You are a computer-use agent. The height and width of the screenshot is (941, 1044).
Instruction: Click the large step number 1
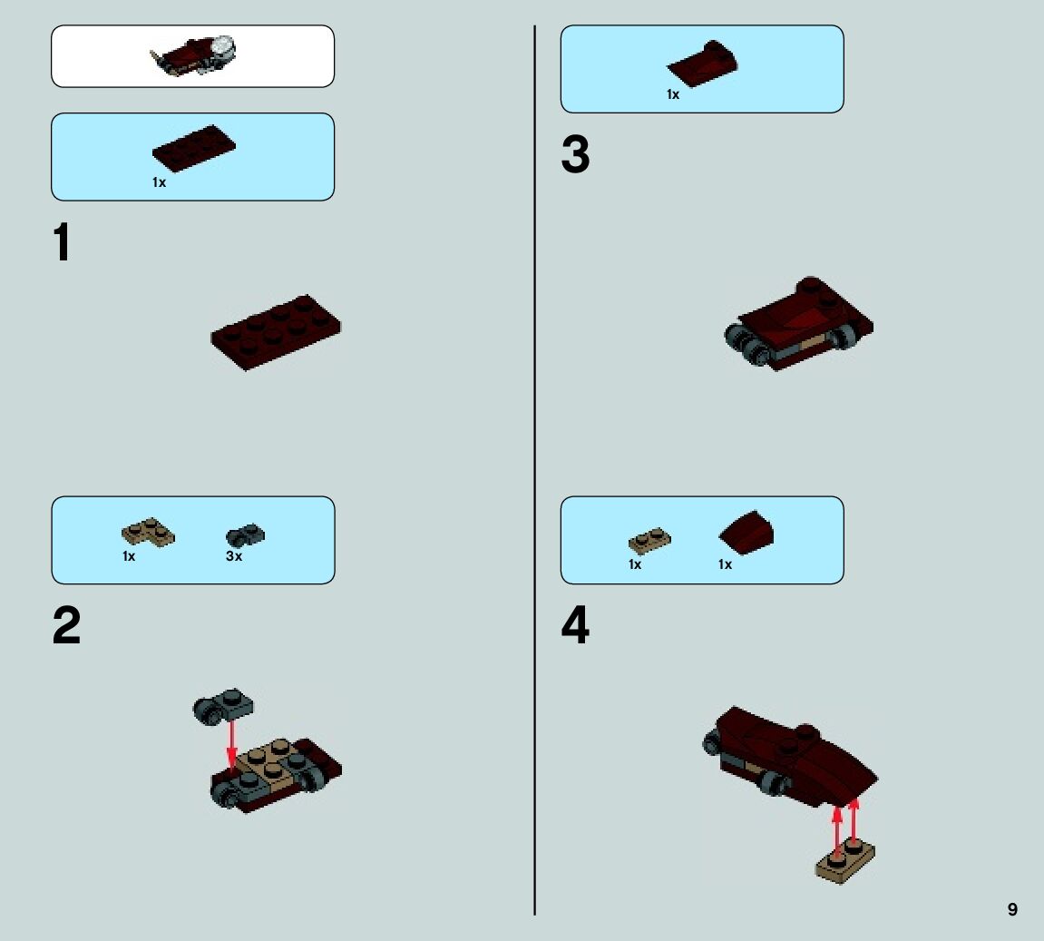62,243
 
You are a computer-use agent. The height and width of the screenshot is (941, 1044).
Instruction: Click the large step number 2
66,626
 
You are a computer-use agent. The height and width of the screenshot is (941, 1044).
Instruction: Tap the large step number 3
575,155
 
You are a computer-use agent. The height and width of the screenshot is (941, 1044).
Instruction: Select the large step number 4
575,626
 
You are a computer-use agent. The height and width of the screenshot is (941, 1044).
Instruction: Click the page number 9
1012,909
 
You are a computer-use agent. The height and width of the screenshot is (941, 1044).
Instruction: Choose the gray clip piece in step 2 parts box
245,534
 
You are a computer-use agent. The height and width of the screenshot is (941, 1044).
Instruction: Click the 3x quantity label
234,556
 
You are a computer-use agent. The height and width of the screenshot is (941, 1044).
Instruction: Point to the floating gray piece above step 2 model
223,706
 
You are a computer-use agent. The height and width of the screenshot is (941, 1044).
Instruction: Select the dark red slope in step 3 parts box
702,64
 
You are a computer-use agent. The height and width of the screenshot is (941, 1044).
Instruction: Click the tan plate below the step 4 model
845,859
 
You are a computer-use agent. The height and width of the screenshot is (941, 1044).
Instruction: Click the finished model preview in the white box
193,56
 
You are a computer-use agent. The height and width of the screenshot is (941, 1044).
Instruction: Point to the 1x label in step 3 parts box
672,94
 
